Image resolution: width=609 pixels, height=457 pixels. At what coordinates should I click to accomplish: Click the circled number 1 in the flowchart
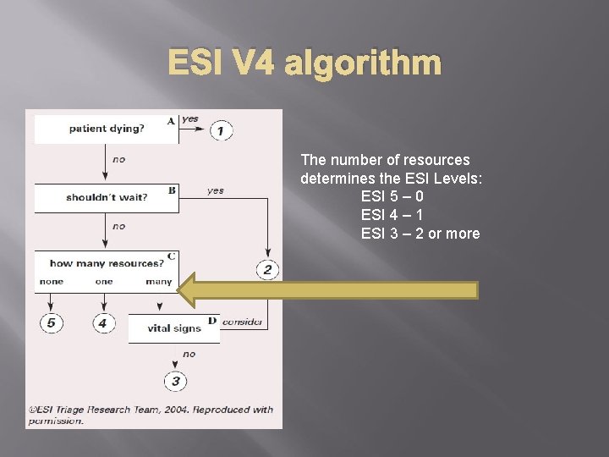[221, 130]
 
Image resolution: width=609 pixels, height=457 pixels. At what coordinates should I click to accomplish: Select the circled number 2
[267, 270]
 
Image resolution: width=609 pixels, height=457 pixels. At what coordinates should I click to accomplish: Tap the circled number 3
[175, 381]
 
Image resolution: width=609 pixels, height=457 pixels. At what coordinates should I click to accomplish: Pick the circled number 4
[103, 322]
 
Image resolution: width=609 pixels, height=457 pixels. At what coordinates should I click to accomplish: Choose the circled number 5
[51, 322]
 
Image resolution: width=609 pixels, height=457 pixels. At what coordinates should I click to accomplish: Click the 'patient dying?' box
[106, 129]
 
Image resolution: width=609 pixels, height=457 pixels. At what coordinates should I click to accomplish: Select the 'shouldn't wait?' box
[106, 197]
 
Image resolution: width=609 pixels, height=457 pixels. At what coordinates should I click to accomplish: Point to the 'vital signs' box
[173, 328]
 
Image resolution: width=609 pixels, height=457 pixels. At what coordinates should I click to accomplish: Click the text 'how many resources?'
[107, 263]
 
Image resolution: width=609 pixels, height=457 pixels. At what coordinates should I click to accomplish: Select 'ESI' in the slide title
[197, 63]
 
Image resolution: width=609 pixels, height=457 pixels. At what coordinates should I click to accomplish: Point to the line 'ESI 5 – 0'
[392, 196]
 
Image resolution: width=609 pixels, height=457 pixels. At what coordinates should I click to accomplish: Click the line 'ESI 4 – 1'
[392, 215]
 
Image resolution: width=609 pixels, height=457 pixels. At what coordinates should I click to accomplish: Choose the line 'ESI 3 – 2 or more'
[420, 234]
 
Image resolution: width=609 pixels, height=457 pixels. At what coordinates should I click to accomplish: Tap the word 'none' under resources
[51, 282]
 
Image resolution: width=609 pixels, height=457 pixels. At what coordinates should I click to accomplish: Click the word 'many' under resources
[158, 282]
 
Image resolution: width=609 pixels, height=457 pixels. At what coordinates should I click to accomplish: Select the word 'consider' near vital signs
[243, 322]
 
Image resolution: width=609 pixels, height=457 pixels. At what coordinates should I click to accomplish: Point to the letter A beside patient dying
[171, 120]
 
